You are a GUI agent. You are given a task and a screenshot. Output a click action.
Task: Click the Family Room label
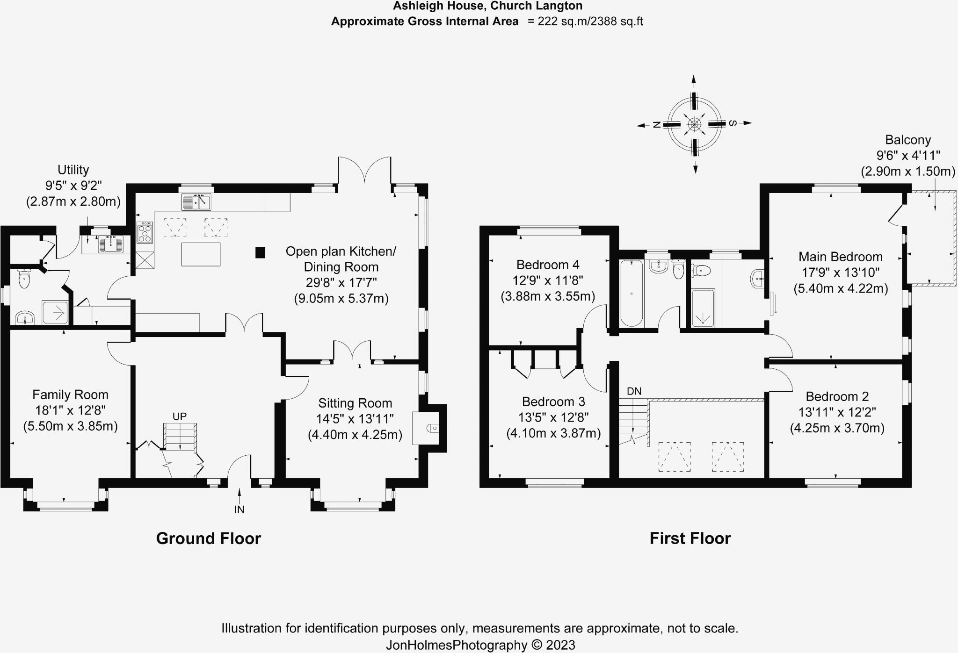point(70,395)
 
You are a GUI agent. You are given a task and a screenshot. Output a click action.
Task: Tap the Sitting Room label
point(355,403)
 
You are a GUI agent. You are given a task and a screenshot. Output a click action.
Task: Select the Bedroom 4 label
point(548,265)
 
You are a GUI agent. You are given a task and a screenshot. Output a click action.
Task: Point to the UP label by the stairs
point(180,416)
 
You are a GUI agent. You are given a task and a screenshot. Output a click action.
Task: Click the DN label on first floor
point(634,391)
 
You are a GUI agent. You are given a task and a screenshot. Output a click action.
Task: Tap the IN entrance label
point(239,509)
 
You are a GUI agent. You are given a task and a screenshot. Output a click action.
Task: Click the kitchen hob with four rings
point(145,232)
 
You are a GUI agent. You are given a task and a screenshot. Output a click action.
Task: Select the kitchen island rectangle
point(201,254)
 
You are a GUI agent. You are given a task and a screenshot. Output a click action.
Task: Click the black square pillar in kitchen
point(260,253)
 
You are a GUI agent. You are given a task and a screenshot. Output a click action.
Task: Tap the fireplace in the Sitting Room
point(426,428)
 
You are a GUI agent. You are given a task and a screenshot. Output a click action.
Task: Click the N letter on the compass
point(656,124)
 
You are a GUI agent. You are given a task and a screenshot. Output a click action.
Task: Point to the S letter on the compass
point(733,123)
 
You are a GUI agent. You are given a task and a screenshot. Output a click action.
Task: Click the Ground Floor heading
point(208,538)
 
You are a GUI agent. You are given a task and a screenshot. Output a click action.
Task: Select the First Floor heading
point(690,538)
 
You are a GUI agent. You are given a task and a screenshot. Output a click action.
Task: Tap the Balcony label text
point(908,140)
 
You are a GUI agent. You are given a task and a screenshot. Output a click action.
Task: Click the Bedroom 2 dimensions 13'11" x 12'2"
point(837,412)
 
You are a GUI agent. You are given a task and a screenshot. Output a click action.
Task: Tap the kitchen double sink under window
point(196,202)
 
